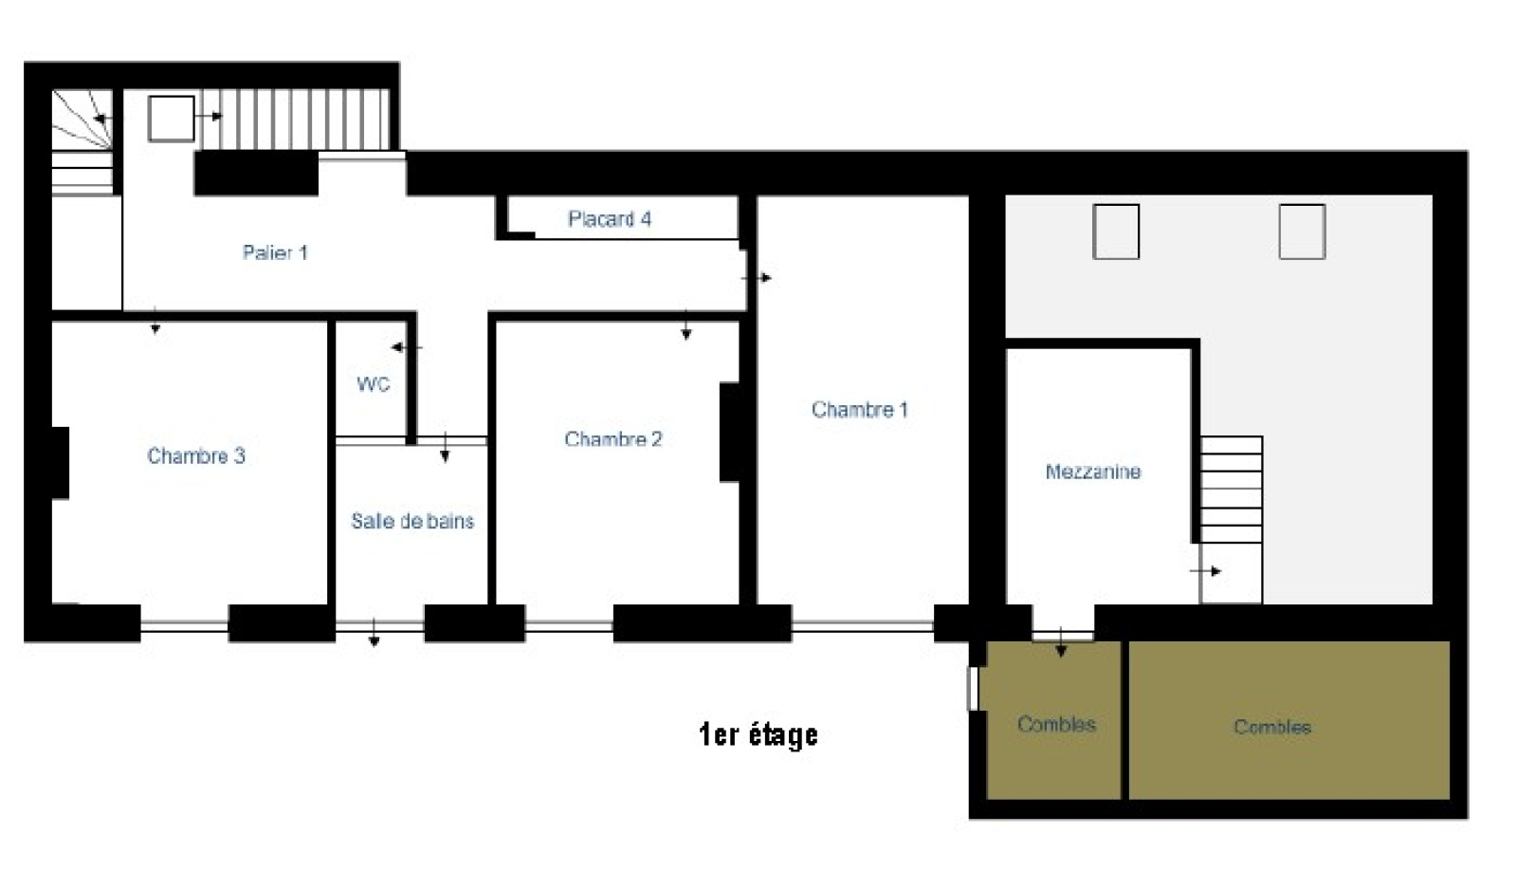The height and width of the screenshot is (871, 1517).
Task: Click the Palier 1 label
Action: click(275, 252)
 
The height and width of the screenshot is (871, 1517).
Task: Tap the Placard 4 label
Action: click(610, 219)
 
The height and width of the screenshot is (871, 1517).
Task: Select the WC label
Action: click(374, 384)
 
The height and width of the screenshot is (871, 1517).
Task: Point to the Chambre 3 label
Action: click(195, 455)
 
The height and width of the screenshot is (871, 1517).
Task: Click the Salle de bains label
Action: click(412, 521)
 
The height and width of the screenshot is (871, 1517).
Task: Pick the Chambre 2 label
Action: click(612, 439)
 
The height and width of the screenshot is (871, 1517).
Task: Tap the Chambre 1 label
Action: click(859, 409)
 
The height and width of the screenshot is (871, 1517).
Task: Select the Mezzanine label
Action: click(1093, 472)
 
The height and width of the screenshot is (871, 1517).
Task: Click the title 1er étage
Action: click(758, 735)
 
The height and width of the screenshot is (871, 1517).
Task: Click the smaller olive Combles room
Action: click(1053, 720)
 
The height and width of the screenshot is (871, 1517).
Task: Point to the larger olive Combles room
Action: click(1289, 720)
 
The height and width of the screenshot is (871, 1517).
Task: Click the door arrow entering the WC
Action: click(407, 347)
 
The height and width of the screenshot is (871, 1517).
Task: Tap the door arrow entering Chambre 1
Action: click(757, 278)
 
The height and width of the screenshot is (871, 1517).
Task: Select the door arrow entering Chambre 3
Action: click(155, 321)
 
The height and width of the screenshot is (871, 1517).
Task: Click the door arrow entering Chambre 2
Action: click(686, 324)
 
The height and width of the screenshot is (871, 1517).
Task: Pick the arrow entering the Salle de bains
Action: click(445, 448)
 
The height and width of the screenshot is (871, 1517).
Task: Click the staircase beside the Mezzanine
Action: click(1232, 490)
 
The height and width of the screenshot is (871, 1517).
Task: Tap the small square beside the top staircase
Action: click(172, 119)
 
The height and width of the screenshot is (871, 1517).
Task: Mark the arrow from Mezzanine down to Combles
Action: click(1061, 642)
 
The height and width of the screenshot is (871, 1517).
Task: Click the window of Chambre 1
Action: click(863, 625)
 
